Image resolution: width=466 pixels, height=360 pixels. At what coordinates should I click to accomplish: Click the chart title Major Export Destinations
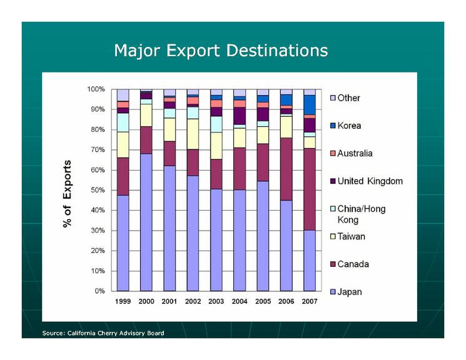coord(220,50)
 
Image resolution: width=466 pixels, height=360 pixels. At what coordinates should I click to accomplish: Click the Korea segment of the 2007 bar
coord(310,104)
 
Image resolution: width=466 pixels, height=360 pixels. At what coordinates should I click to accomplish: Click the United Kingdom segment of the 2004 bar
coord(240,116)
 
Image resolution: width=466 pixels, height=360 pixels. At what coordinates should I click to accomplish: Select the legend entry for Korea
coord(349,126)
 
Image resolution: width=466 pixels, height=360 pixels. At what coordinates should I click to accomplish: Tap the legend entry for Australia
coord(355,153)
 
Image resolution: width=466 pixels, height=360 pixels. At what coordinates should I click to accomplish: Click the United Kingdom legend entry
coord(370,181)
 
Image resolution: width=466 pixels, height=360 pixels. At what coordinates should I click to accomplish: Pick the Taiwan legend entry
coord(351,236)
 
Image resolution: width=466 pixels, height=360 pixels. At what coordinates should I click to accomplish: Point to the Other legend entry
coord(348,98)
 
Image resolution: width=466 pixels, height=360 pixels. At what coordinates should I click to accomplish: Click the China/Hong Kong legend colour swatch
coord(333,209)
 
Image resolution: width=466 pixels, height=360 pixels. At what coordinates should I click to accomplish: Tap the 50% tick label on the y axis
coord(96,190)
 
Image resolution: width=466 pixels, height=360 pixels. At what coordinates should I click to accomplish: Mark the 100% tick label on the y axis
coord(94,89)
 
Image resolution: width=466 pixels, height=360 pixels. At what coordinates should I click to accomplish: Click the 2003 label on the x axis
coord(216,302)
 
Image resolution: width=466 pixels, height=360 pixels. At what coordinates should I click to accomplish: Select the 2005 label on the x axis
coord(263,302)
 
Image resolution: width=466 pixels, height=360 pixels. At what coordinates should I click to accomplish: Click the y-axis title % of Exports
coord(67,194)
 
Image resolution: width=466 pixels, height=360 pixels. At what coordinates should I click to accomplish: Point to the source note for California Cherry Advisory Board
coord(103,333)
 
